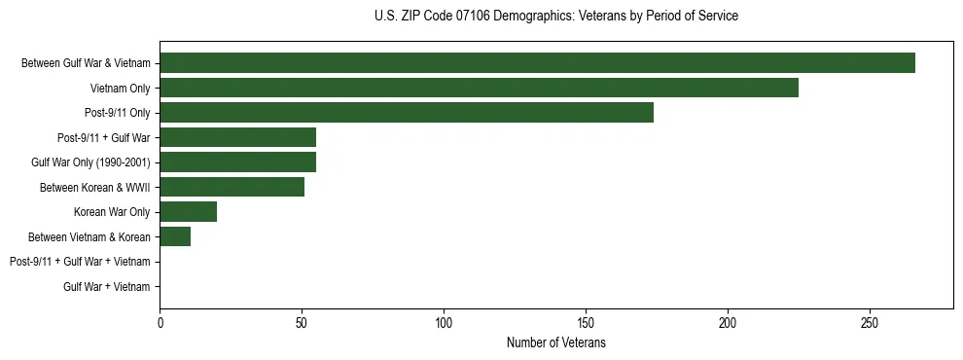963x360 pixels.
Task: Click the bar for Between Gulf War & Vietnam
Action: tap(537, 63)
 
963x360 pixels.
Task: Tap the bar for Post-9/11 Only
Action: tap(407, 113)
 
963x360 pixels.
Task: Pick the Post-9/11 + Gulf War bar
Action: tap(237, 137)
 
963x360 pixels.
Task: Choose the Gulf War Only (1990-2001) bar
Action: tap(237, 162)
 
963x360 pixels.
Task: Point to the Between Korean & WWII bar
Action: tap(232, 187)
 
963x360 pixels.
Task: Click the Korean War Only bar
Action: tap(188, 212)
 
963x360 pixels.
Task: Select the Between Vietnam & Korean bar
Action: tap(175, 236)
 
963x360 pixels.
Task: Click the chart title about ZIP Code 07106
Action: tap(555, 17)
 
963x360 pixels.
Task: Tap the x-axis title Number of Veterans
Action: tap(555, 342)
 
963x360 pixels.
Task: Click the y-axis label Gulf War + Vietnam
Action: tap(107, 287)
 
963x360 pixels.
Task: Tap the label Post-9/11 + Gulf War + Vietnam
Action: tap(80, 262)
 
